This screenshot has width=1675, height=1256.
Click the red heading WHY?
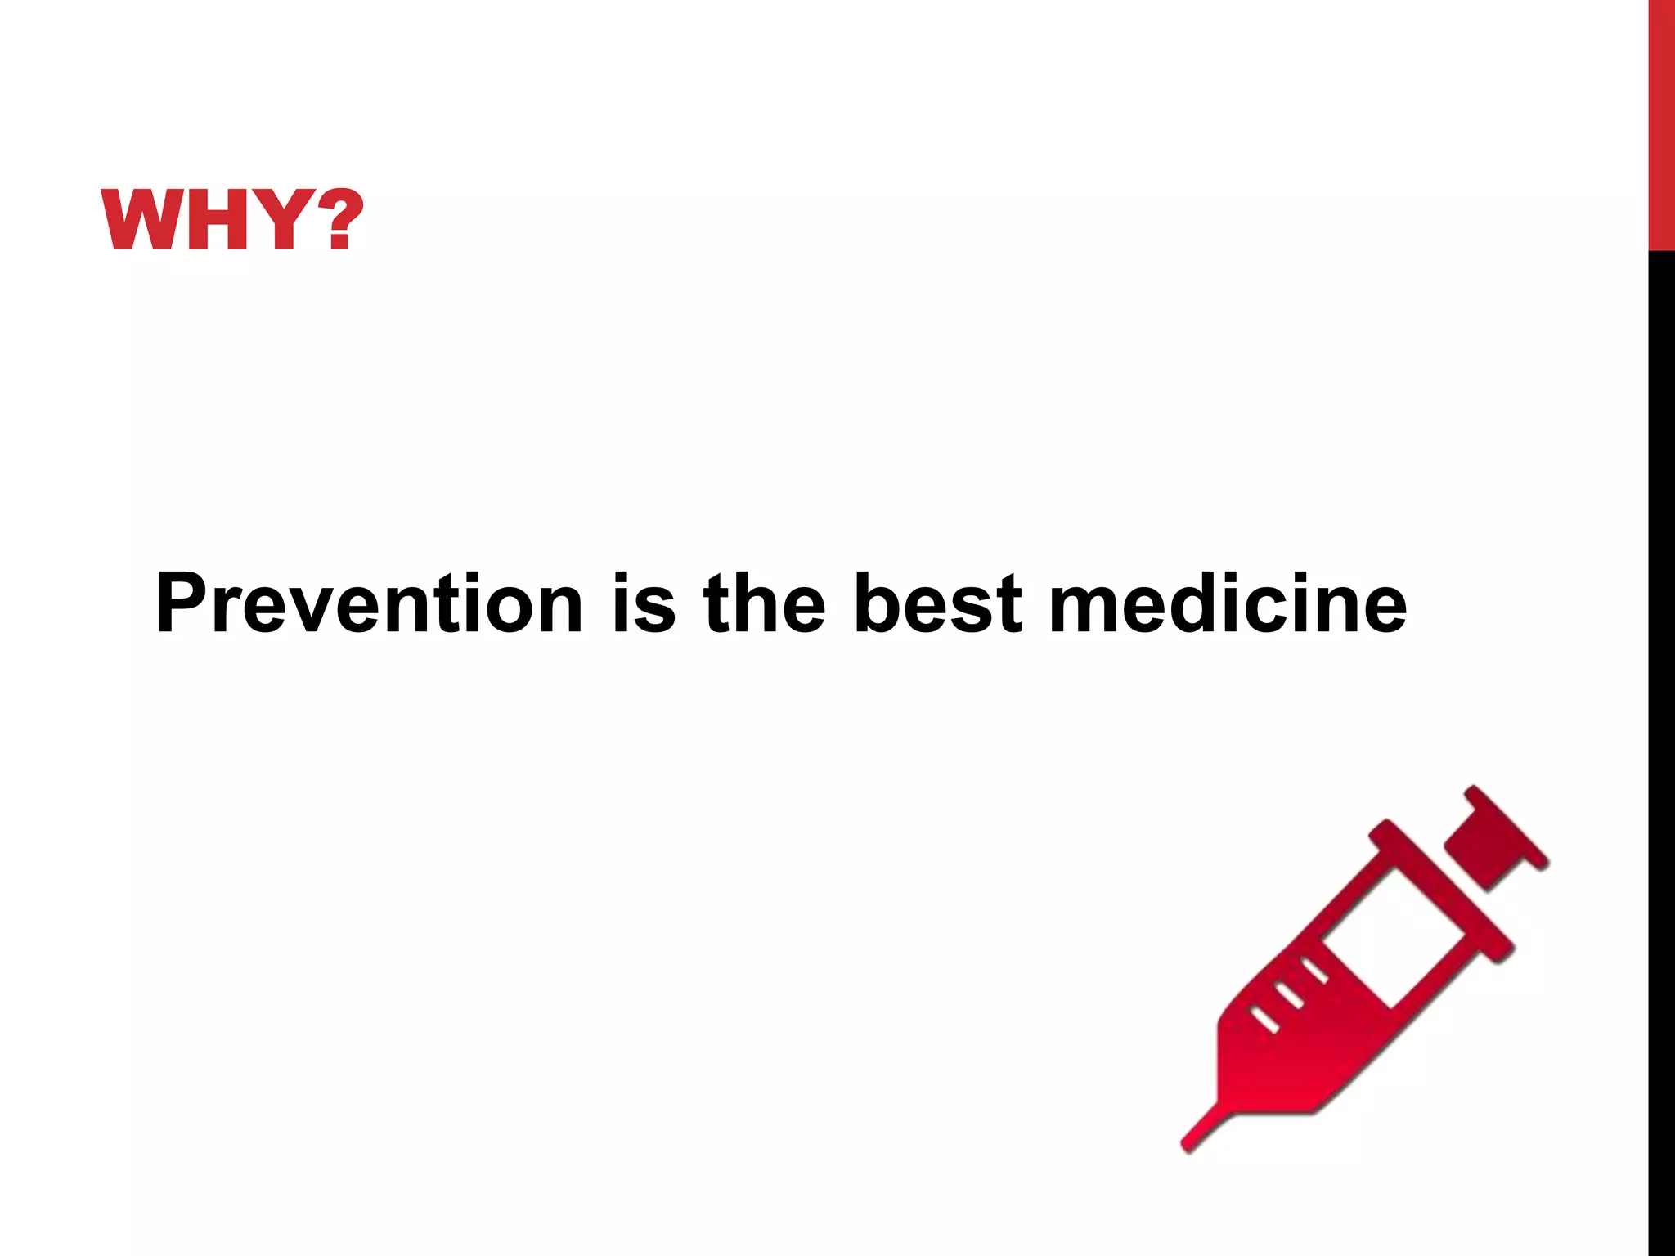click(x=231, y=219)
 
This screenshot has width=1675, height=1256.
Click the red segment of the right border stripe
click(x=1661, y=123)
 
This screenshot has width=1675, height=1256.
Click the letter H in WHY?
click(x=215, y=219)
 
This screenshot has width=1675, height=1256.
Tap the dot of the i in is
click(x=622, y=577)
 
